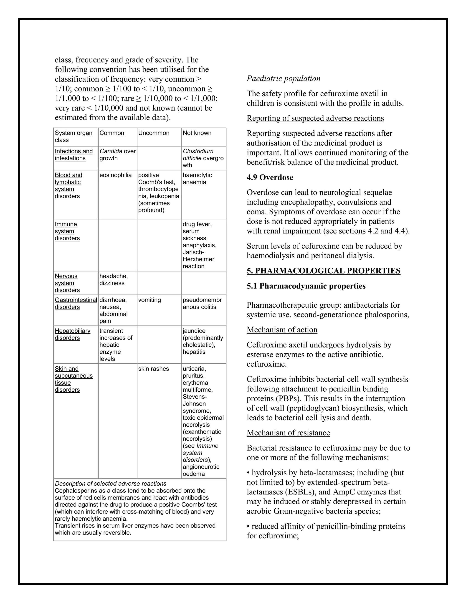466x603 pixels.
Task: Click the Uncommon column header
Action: pyautogui.click(x=154, y=133)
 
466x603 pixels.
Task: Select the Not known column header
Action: pyautogui.click(x=197, y=133)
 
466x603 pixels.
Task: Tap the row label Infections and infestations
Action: pyautogui.click(x=73, y=155)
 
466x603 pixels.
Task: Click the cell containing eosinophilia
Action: pyautogui.click(x=115, y=175)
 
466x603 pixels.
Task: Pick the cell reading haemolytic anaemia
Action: pyautogui.click(x=197, y=179)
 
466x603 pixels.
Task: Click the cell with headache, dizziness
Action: pyautogui.click(x=114, y=279)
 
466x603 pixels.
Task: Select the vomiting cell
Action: pyautogui.click(x=149, y=300)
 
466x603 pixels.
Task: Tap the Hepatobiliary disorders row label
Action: pyautogui.click(x=72, y=334)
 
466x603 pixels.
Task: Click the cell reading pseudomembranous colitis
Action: pyautogui.click(x=202, y=303)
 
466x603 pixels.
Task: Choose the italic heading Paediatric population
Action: pyautogui.click(x=283, y=79)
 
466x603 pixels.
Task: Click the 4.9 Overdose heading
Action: pyautogui.click(x=270, y=177)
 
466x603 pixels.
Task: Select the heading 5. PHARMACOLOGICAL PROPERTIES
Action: pyautogui.click(x=323, y=271)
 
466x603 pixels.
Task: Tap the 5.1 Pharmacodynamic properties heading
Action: pyautogui.click(x=306, y=286)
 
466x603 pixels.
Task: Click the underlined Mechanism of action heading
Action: pyautogui.click(x=282, y=330)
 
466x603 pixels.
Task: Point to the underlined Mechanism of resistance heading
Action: pyautogui.click(x=288, y=433)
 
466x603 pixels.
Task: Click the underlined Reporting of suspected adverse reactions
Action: pyautogui.click(x=315, y=118)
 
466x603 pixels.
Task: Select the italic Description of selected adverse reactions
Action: pyautogui.click(x=110, y=484)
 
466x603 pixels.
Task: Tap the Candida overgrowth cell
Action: pyautogui.click(x=117, y=155)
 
